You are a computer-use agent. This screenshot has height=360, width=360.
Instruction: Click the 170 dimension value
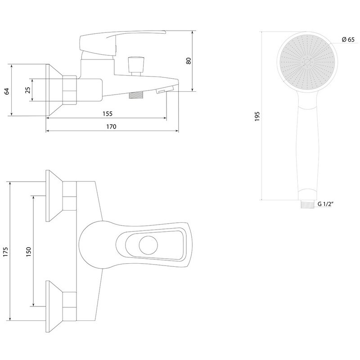(x=111, y=127)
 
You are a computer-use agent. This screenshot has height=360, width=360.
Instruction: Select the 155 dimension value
(x=107, y=114)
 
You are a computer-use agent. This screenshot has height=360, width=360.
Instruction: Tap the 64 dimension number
(x=6, y=90)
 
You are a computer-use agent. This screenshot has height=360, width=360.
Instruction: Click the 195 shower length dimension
(x=256, y=116)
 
